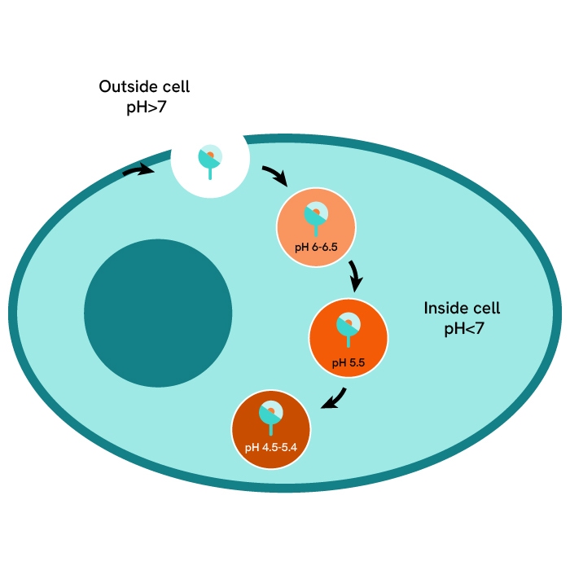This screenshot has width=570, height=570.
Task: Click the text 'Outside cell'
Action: click(144, 87)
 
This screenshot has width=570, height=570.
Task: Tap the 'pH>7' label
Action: click(145, 107)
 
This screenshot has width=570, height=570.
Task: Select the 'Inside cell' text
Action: click(462, 309)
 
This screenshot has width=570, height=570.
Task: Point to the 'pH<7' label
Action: click(462, 329)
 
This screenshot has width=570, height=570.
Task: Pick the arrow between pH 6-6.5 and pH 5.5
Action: click(355, 276)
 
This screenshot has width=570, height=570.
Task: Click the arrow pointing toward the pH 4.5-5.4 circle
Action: click(334, 400)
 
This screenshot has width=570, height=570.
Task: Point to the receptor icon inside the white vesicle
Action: click(210, 160)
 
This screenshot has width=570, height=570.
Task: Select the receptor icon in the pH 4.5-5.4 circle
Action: click(270, 416)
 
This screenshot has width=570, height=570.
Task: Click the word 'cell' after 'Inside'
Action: click(485, 309)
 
